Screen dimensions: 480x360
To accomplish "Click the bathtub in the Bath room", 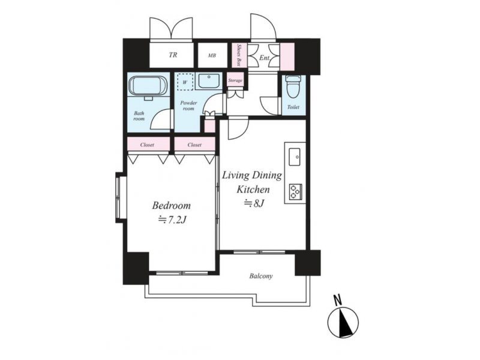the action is tap(148, 86).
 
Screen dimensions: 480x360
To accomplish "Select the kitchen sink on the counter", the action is tap(295, 157).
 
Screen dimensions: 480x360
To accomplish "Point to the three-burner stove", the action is tap(295, 191).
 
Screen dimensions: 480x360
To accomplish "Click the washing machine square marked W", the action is tap(185, 82).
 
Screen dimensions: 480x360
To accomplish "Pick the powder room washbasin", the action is tap(209, 82).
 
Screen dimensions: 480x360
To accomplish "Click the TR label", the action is tap(173, 55).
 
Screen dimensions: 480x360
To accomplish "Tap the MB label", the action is tap(212, 55).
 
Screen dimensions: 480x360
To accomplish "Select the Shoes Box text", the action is tap(239, 55).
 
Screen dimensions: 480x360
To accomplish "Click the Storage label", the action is tap(235, 80).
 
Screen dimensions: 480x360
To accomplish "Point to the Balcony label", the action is tap(261, 276).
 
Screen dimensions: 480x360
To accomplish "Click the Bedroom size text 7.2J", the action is tap(172, 220).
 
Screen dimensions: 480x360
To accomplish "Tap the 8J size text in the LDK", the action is tap(254, 203).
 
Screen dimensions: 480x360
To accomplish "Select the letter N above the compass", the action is tap(338, 300).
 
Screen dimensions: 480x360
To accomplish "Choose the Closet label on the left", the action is tap(147, 145).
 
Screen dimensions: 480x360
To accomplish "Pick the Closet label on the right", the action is tap(194, 145).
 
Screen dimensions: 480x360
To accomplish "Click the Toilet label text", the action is tap(293, 107).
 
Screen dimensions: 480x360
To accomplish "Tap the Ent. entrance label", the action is tap(264, 57).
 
